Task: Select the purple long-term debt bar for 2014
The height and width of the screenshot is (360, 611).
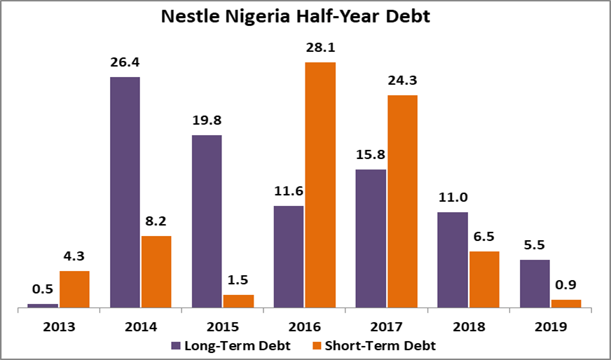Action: coord(125,191)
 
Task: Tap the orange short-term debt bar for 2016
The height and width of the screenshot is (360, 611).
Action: coord(320,184)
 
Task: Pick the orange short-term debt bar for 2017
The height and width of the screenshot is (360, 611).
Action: coord(401,201)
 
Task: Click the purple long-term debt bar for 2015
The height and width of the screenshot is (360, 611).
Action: coord(207,221)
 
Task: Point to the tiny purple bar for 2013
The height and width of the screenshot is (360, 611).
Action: coord(43,305)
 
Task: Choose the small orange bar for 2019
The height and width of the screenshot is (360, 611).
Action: coord(566,303)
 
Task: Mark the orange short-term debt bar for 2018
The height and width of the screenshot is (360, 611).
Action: coord(484,279)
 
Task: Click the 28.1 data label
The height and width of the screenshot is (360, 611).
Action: coord(320,49)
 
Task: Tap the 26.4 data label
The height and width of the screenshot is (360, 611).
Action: coord(125,63)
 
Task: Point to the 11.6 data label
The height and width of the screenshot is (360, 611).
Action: coord(288,192)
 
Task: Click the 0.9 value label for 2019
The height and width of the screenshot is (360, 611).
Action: coord(566,286)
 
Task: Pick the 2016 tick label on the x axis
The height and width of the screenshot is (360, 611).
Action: coord(304,326)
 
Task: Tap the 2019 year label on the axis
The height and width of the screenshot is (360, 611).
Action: coord(550,326)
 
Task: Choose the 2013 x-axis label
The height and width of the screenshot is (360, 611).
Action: coord(58,326)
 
